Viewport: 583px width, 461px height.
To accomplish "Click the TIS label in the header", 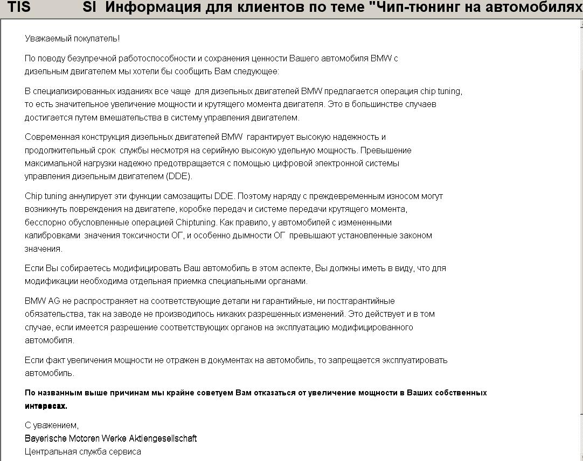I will click(x=19, y=8).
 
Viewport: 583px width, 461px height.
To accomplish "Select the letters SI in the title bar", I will click(x=89, y=8).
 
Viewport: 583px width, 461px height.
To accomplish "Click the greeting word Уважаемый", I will click(x=47, y=39).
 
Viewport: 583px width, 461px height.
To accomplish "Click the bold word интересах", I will click(x=46, y=406).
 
